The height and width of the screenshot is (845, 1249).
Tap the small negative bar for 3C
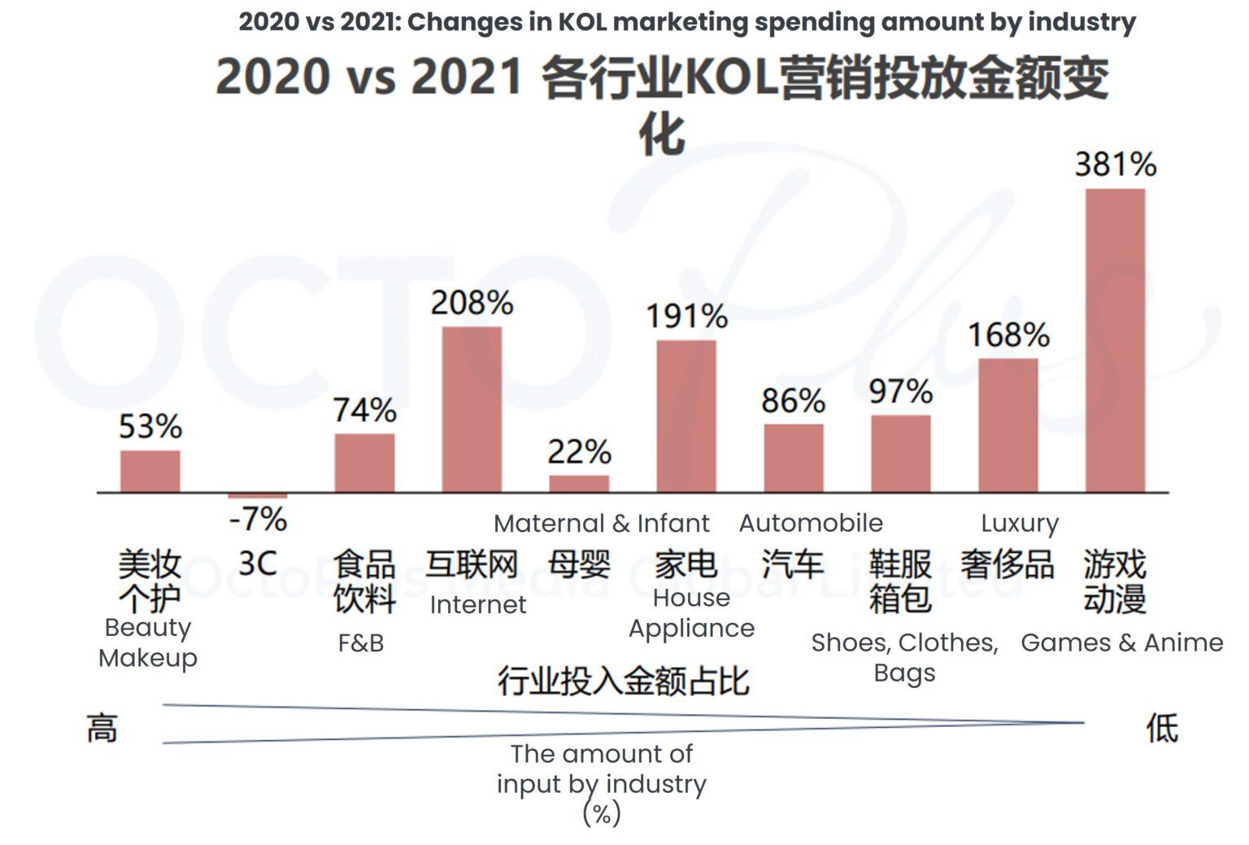point(257,495)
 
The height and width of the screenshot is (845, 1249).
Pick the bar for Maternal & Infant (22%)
point(579,484)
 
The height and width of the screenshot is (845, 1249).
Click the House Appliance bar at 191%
point(686,416)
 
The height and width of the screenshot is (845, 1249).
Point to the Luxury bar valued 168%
point(1007,425)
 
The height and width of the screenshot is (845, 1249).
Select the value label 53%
point(150,426)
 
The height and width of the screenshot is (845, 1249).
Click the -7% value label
point(258,519)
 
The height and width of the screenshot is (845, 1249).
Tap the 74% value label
point(364,409)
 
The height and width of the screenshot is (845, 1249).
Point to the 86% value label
point(793,401)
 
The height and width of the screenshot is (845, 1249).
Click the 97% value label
point(900,392)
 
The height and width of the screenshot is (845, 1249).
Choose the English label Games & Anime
point(1121,642)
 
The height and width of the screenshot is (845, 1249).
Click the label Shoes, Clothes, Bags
point(904,657)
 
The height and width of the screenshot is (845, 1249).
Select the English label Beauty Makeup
point(148,642)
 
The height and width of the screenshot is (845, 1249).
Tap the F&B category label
point(361,643)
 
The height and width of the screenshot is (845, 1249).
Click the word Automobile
point(811,523)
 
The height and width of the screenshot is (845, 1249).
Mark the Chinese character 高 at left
point(102,727)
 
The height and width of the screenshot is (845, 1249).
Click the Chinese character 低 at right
point(1162,727)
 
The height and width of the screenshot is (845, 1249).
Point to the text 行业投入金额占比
point(623,681)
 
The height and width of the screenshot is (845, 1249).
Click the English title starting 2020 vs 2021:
point(687,22)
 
